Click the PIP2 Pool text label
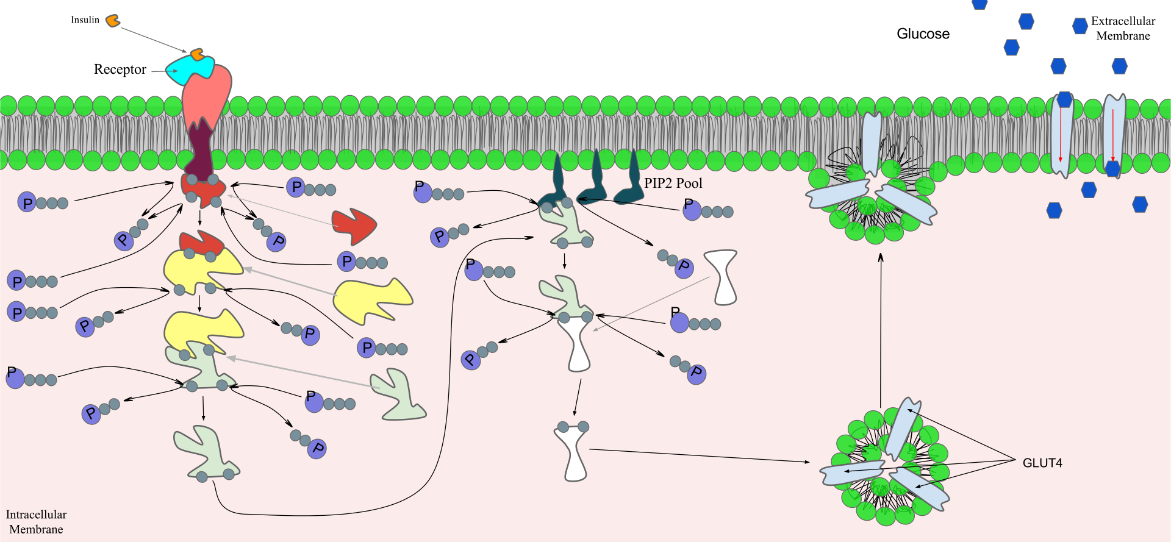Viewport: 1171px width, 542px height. coord(673,183)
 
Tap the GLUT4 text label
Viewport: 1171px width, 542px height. coord(1042,463)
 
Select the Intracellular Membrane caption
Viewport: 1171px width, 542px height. coord(36,522)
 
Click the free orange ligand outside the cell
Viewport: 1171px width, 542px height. coord(112,21)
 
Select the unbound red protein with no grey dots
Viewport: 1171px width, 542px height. coord(354,226)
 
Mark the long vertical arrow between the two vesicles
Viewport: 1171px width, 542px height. coord(881,329)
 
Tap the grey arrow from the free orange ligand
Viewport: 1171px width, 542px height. coord(149,37)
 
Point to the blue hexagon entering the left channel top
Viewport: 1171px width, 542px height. coord(1064,99)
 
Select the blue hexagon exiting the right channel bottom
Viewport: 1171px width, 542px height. coord(1112,169)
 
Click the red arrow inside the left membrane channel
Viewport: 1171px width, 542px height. coord(1061,134)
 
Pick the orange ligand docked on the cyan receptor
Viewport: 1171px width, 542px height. coord(196,55)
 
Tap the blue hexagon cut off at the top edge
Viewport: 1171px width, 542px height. coord(979,4)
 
